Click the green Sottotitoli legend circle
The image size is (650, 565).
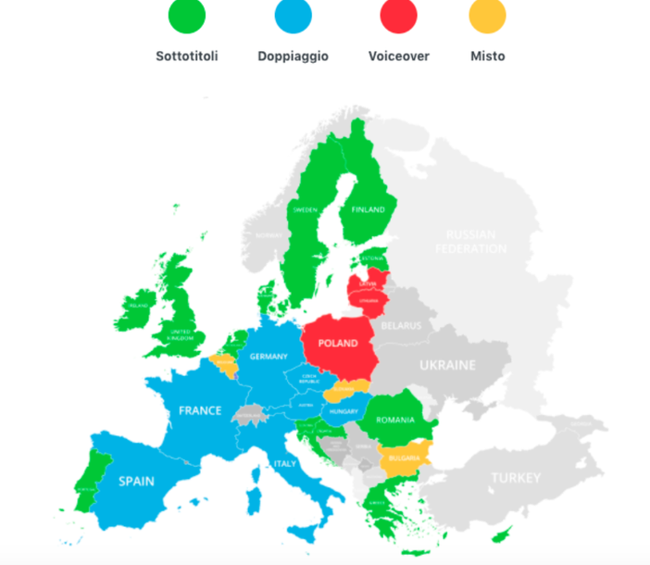pos(187,17)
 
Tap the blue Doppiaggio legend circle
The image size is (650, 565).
pos(294,17)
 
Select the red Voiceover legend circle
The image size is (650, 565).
pos(399,17)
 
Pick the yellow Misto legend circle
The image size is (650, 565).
pos(488,17)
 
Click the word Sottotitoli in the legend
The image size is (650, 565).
pos(187,56)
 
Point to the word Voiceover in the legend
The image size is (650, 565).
pos(399,56)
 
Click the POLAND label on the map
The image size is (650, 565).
pos(338,344)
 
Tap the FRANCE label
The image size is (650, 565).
pos(200,410)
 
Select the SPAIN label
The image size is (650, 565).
pos(136,481)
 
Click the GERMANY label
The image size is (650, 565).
pos(269,357)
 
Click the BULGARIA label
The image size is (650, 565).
pos(405,458)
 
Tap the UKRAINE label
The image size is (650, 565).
pos(447,365)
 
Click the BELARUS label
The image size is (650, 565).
pos(401,326)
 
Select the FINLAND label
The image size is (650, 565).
pos(368,210)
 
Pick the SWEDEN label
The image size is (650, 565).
pos(306,210)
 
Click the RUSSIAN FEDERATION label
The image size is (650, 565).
pos(471,242)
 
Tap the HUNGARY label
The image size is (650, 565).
pos(343,411)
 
